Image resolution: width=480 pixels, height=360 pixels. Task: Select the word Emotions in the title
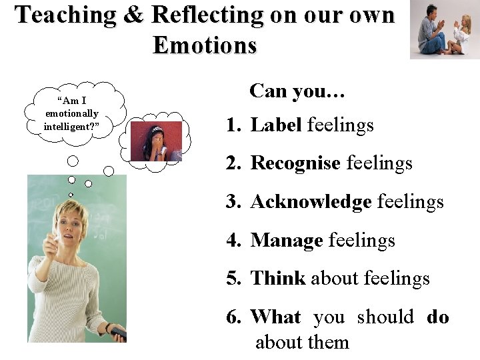[x=205, y=45]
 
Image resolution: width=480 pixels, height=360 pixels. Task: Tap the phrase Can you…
[x=297, y=91]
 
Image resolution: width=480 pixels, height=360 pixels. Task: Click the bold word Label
[x=276, y=125]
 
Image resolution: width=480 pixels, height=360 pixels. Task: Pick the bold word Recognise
[x=295, y=163]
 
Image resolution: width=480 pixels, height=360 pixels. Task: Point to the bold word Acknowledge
[x=311, y=201]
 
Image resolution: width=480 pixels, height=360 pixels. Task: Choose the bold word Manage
[x=287, y=240]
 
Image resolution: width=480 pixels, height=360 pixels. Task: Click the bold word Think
[x=277, y=279]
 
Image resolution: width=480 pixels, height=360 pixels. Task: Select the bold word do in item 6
[x=437, y=317]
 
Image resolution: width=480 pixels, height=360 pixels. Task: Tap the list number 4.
[x=232, y=240]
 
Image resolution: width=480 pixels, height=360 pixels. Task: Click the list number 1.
[x=232, y=125]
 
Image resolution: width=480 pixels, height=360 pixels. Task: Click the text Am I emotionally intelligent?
[x=71, y=113]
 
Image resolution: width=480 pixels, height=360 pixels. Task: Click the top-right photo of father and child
[x=444, y=30]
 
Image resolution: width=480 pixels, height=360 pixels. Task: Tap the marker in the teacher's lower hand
[x=117, y=332]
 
